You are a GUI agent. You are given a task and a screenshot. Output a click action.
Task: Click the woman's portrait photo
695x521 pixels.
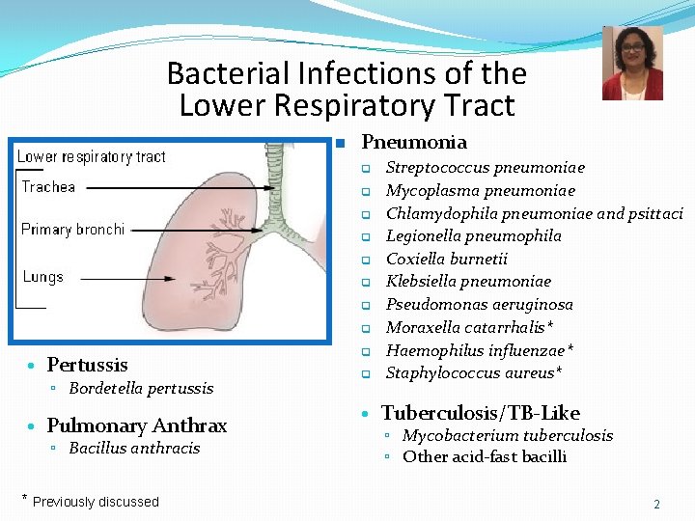632,64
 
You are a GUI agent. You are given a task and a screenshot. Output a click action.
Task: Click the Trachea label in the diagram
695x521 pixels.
48,187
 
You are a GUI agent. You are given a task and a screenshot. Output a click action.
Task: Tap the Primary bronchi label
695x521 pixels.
73,230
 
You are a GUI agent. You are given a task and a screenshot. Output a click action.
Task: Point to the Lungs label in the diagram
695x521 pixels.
42,277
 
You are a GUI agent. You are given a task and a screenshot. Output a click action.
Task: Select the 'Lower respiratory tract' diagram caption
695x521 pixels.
92,156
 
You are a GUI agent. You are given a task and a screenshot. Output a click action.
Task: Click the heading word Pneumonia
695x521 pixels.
413,142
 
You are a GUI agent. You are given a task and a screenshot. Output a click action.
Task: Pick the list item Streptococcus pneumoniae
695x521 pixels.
486,168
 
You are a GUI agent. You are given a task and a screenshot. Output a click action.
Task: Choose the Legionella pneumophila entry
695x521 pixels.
474,236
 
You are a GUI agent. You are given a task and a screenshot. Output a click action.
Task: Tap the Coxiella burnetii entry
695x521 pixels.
447,259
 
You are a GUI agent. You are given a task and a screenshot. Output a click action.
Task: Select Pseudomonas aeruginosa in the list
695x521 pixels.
480,305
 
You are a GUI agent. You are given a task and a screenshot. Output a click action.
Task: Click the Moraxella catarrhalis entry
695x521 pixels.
470,327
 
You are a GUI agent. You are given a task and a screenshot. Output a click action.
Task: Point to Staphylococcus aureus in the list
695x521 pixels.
474,372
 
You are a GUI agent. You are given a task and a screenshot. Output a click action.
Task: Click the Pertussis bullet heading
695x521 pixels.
87,365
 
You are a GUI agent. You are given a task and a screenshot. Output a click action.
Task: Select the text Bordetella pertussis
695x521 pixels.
141,389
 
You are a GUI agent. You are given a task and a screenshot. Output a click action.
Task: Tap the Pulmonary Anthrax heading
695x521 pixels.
136,425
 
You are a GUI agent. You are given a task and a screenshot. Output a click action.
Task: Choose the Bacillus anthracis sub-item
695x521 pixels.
134,448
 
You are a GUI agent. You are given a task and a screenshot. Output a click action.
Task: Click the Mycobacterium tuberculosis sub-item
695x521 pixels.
508,436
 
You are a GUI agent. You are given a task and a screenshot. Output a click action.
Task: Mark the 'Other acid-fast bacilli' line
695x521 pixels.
485,457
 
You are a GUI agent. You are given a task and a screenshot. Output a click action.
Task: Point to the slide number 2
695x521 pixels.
656,505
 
